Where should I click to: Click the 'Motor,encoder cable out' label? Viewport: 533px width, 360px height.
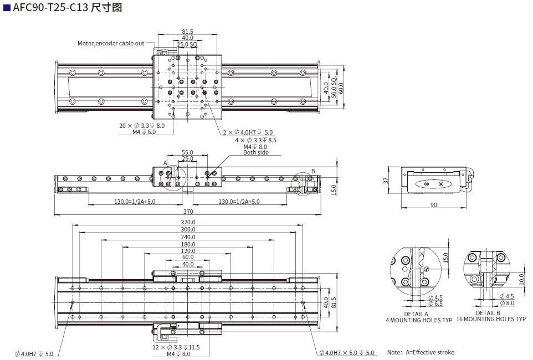tap(111, 43)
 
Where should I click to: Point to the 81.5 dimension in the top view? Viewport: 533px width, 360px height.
tap(187, 32)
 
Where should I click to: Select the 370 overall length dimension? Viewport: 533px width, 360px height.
tap(188, 212)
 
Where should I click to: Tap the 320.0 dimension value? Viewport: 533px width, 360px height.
tap(188, 222)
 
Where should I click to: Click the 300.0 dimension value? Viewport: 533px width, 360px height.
tap(188, 229)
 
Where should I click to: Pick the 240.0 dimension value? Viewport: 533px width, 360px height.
tap(188, 237)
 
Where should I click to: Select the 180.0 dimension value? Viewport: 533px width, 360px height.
tap(188, 244)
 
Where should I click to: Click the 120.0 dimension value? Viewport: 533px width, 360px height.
tap(188, 251)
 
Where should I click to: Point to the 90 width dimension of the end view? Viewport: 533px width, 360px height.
tap(433, 205)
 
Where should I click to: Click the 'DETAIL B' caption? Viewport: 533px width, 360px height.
tap(488, 313)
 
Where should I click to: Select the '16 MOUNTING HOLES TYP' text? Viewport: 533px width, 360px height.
tap(491, 320)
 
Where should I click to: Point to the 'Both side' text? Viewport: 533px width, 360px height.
tap(256, 152)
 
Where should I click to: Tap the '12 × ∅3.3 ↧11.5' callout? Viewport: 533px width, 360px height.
tap(176, 347)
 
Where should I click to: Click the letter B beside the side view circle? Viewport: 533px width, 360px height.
tap(312, 171)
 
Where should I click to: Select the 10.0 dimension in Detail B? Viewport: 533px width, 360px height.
tap(522, 277)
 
